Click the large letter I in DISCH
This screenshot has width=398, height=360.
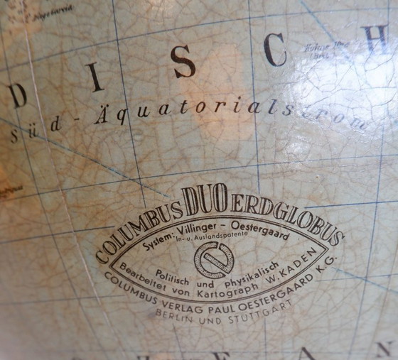[x=95, y=78]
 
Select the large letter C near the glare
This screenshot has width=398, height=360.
[x=274, y=50]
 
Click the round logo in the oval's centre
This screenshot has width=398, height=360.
[x=214, y=259]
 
